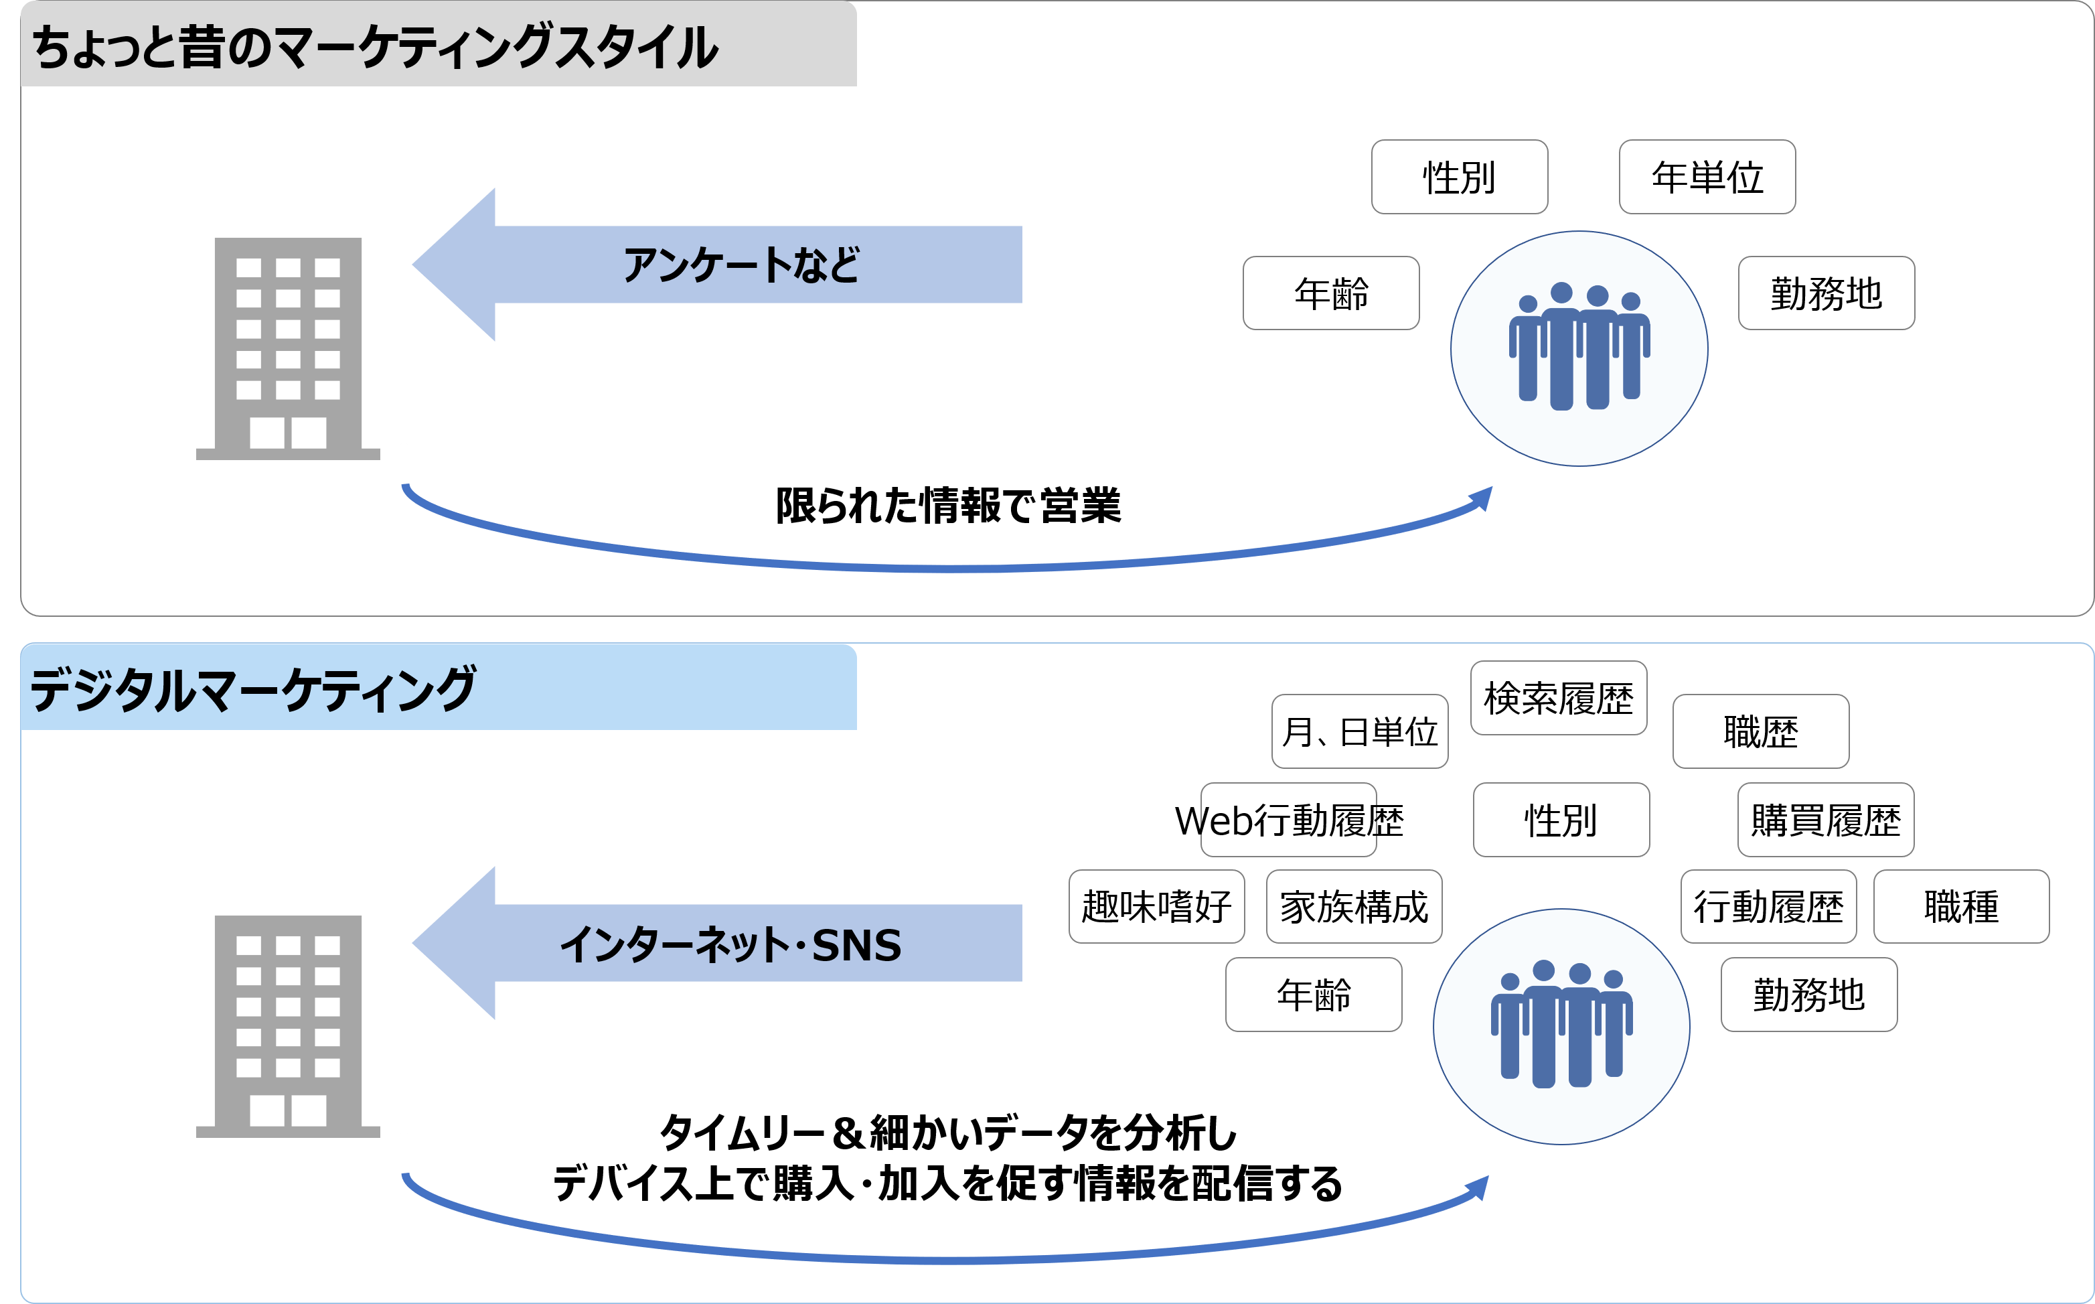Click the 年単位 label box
(x=1707, y=177)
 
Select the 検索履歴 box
(x=1559, y=698)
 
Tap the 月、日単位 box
(x=1360, y=731)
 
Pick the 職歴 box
(x=1760, y=731)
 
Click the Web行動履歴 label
(x=1289, y=820)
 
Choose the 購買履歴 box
(x=1826, y=820)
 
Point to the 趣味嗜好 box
(x=1157, y=906)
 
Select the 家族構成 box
(x=1354, y=906)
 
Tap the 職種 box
(x=1961, y=906)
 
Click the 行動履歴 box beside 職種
(x=1768, y=906)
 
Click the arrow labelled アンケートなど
(x=716, y=265)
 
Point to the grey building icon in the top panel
(x=288, y=348)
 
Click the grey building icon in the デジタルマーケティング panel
(x=288, y=1026)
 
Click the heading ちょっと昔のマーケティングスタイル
(x=375, y=47)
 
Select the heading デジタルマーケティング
(x=252, y=689)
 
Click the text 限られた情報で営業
(x=948, y=506)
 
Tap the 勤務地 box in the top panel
(x=1826, y=293)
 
